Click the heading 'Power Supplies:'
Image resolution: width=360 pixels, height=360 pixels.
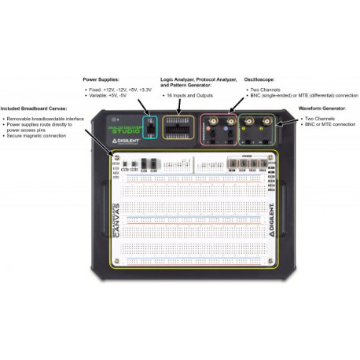coord(106,79)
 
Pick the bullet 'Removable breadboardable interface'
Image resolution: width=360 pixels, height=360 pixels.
coord(46,117)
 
